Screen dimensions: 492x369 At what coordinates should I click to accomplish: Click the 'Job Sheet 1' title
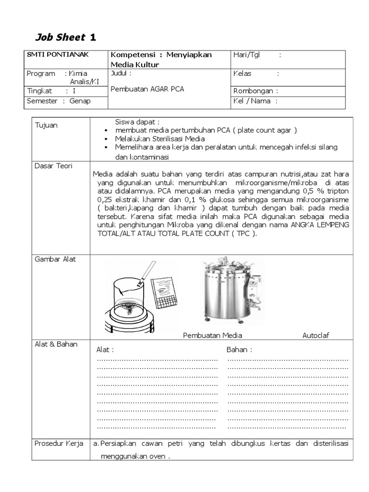[x=66, y=37]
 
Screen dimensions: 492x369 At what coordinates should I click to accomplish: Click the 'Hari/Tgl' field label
[x=246, y=55]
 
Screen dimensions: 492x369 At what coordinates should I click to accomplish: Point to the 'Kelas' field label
[x=242, y=74]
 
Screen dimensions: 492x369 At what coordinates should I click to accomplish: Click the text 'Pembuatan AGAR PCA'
[x=147, y=89]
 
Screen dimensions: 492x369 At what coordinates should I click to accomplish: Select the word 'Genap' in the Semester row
[x=80, y=101]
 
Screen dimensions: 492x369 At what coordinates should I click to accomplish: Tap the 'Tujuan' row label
[x=46, y=125]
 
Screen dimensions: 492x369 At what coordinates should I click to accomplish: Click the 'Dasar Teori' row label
[x=53, y=166]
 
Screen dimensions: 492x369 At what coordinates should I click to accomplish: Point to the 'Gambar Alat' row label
[x=55, y=259]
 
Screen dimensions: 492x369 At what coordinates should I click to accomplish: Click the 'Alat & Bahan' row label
[x=56, y=344]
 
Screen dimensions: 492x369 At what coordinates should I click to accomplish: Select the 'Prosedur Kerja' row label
[x=58, y=443]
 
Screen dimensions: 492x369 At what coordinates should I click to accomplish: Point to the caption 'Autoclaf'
[x=316, y=335]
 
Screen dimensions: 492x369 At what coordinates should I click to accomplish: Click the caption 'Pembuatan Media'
[x=212, y=335]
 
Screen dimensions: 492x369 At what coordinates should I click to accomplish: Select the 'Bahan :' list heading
[x=239, y=349]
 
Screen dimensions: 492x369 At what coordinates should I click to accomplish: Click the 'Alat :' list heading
[x=105, y=349]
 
